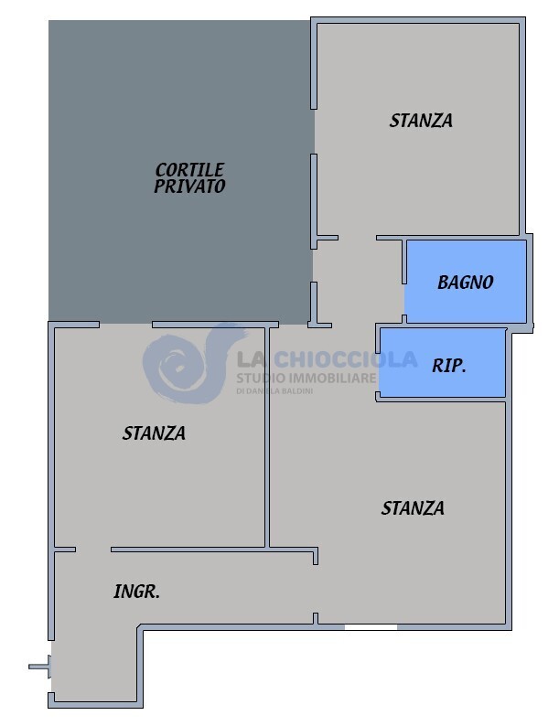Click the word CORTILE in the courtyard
tap(189, 170)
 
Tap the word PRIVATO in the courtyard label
tap(189, 186)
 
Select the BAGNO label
tap(465, 283)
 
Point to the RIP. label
tap(449, 366)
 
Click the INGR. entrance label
tap(136, 592)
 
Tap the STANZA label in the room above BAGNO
tap(421, 121)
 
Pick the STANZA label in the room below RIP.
tap(413, 508)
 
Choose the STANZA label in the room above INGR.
tap(154, 433)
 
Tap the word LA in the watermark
tap(253, 360)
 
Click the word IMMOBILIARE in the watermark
tap(332, 378)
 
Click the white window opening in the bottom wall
tap(371, 626)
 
